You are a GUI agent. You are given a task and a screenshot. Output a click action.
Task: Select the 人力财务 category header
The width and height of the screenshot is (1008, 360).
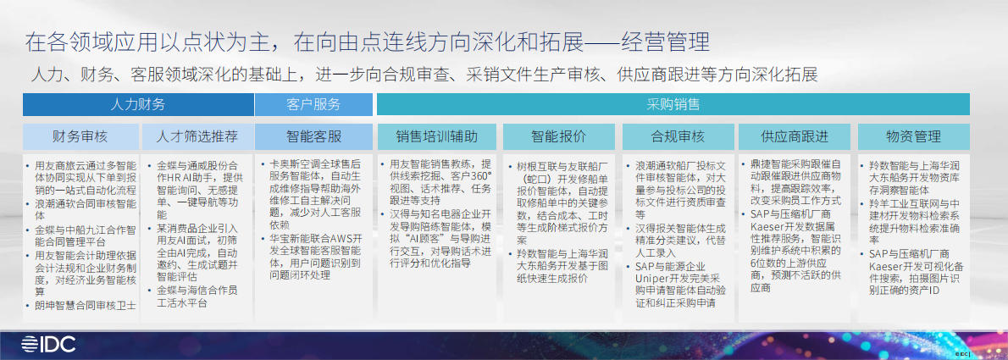pyautogui.click(x=138, y=105)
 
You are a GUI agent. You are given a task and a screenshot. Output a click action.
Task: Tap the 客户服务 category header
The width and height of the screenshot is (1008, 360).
pyautogui.click(x=313, y=105)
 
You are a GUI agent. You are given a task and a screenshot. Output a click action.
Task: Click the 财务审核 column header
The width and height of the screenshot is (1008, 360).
pyautogui.click(x=80, y=136)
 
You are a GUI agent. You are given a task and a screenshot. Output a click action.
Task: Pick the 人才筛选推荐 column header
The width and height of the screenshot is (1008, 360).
pyautogui.click(x=197, y=136)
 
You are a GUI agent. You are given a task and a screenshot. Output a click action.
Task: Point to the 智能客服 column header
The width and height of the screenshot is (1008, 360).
pyautogui.click(x=313, y=136)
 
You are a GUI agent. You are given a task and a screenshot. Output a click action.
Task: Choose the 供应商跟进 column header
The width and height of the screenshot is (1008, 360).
pyautogui.click(x=795, y=136)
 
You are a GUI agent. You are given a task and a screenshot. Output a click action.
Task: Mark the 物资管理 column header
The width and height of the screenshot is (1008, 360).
pyautogui.click(x=913, y=136)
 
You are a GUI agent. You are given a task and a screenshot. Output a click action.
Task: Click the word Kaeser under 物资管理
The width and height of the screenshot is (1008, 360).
pyautogui.click(x=889, y=265)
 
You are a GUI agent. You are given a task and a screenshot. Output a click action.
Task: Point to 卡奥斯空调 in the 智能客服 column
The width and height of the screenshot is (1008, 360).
pyautogui.click(x=296, y=163)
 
